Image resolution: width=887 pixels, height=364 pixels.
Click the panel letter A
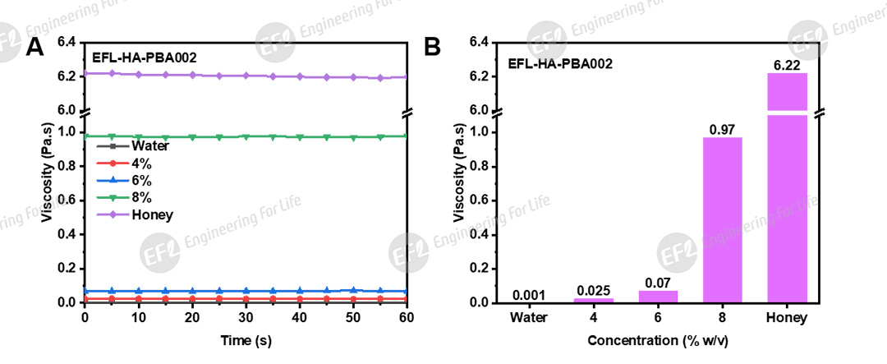[x=34, y=48]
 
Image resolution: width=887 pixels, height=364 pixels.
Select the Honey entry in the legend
[x=152, y=214]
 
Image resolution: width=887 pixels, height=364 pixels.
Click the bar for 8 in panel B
[x=722, y=219]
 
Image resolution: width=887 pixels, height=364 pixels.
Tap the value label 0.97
[x=722, y=129]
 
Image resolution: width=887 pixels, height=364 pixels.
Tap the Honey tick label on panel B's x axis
[x=787, y=318]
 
